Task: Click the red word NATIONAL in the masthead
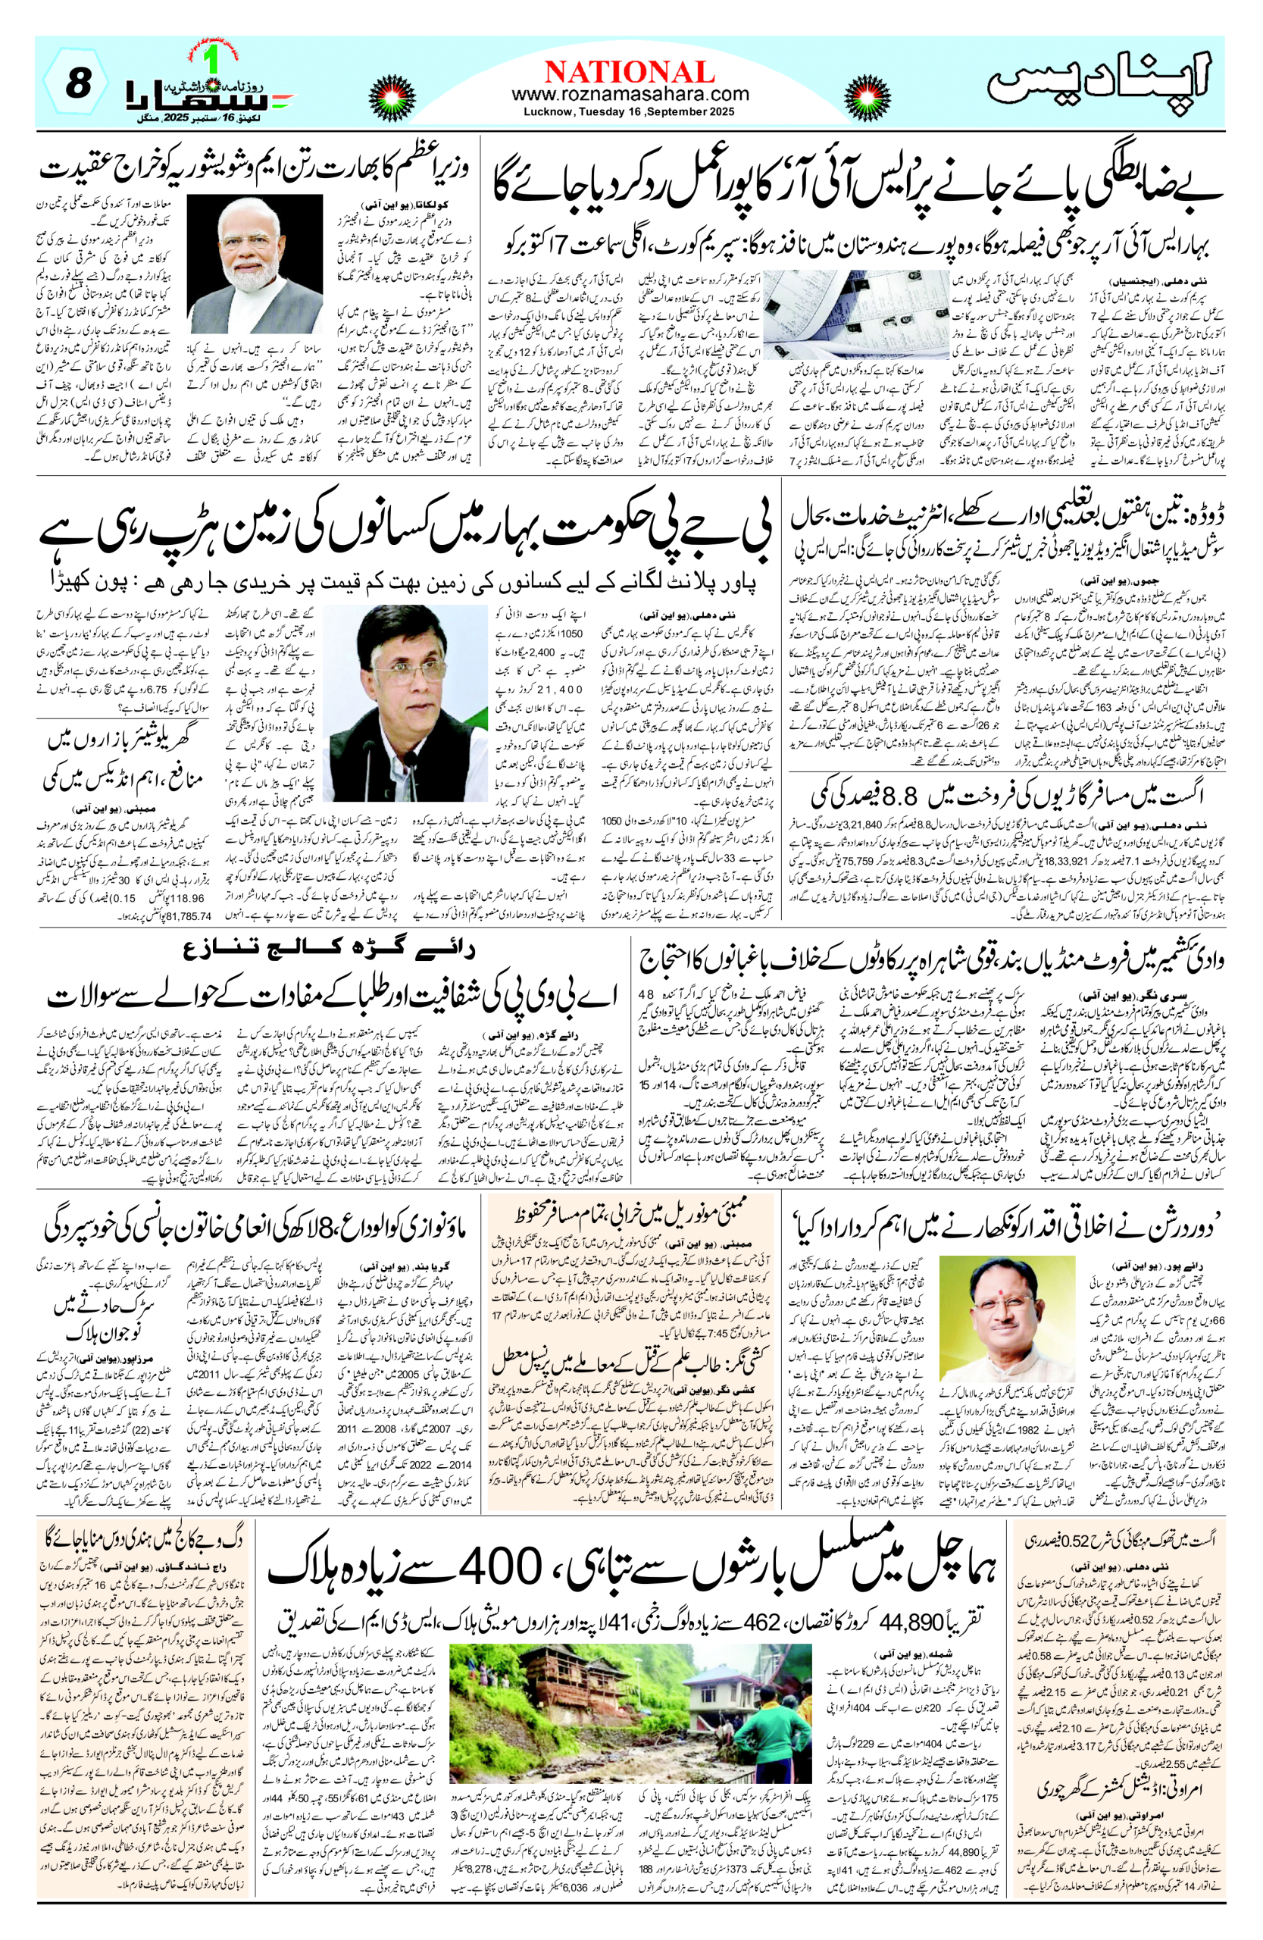click(x=630, y=73)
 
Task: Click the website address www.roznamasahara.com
click(x=630, y=95)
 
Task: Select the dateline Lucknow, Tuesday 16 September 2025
click(x=630, y=111)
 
